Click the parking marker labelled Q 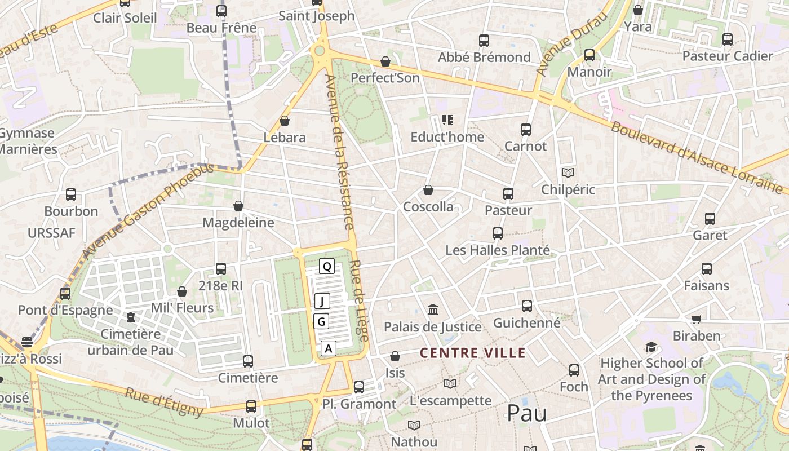tap(326, 266)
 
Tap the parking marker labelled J tap(322, 301)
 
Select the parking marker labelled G tap(321, 321)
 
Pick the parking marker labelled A tap(329, 348)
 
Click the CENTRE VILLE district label tap(473, 353)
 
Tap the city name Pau tap(526, 413)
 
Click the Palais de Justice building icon tap(433, 309)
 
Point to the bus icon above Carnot tap(526, 129)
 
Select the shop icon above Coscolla tap(428, 190)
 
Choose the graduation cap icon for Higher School tap(651, 347)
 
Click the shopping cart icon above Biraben tap(697, 319)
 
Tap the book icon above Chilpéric tap(568, 173)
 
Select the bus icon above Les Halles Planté tap(498, 233)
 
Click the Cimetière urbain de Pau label tap(131, 342)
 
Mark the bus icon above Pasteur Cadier tap(728, 39)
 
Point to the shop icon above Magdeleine tap(238, 206)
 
